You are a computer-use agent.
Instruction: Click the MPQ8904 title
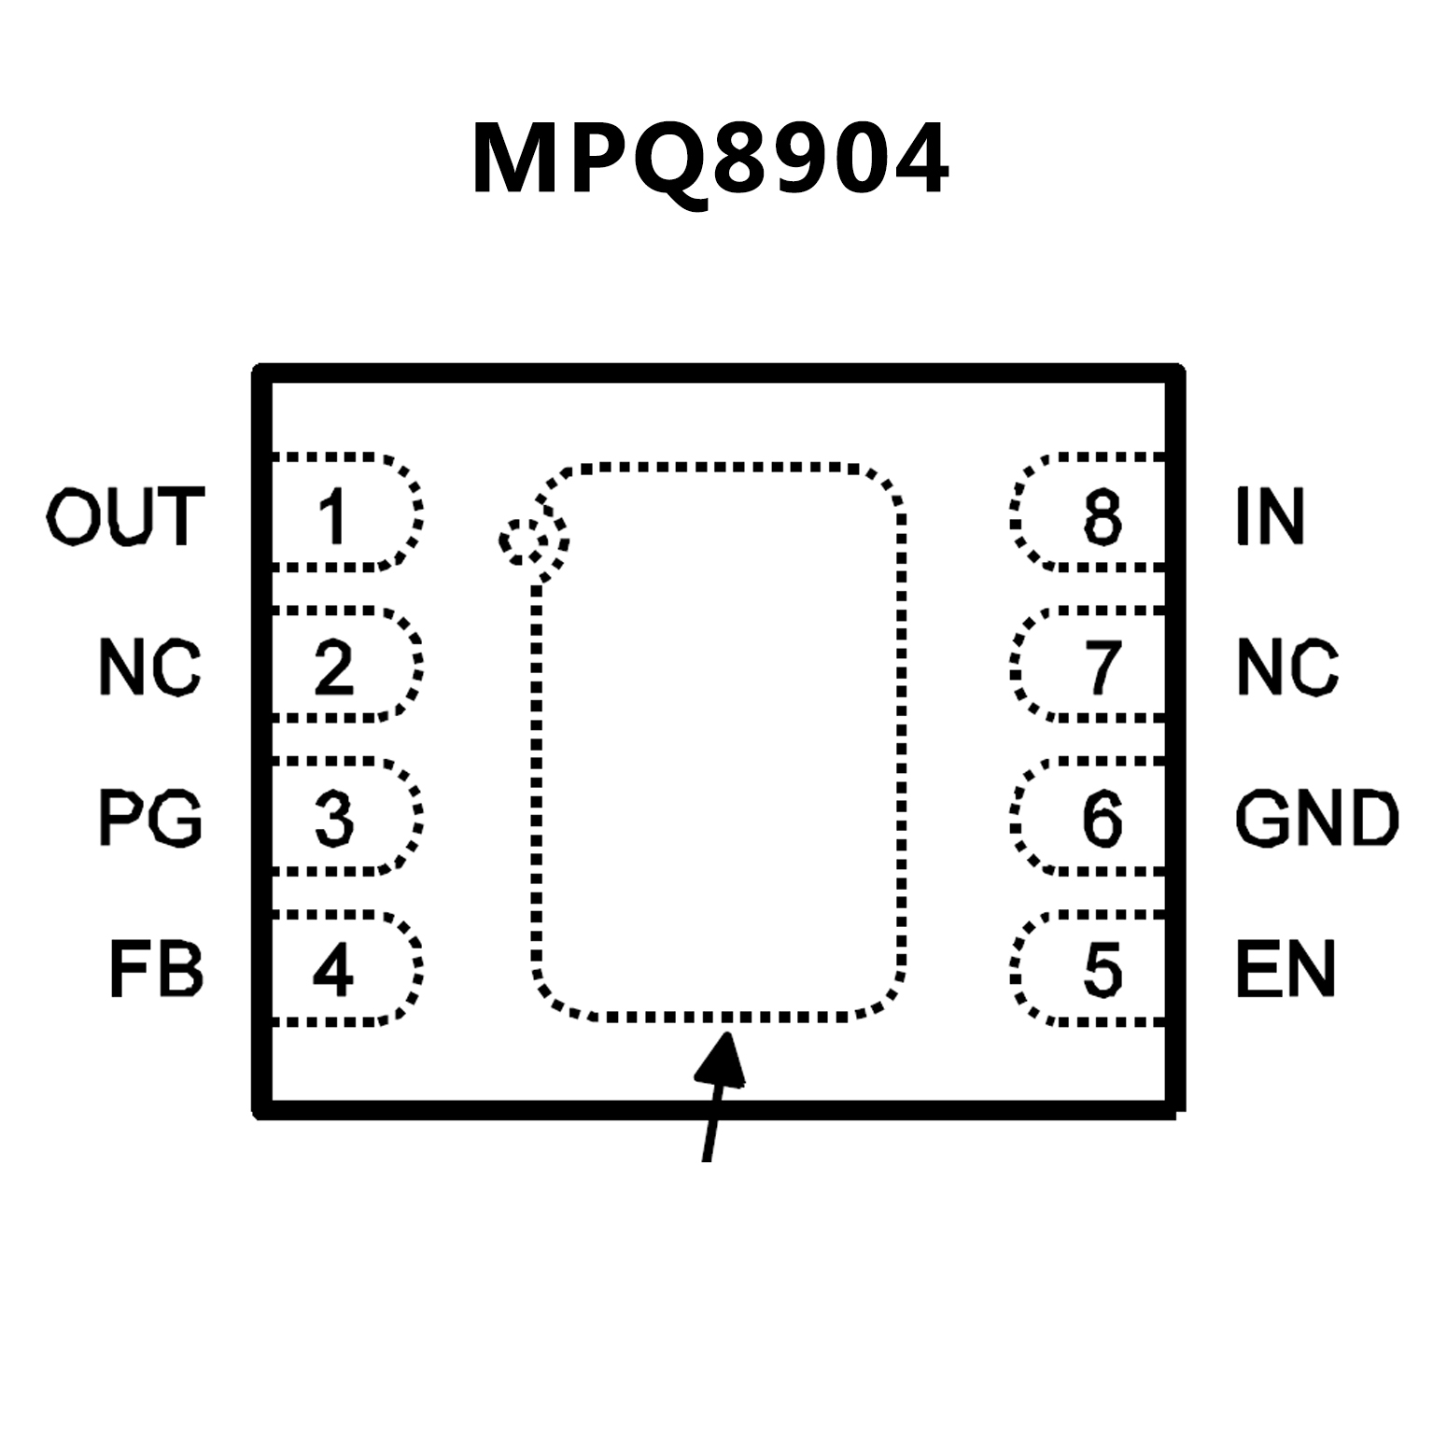pyautogui.click(x=710, y=160)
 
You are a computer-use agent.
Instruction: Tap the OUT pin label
pyautogui.click(x=125, y=515)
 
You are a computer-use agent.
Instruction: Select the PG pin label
pyautogui.click(x=150, y=818)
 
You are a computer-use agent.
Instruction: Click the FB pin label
pyautogui.click(x=156, y=970)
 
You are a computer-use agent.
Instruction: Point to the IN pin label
pyautogui.click(x=1270, y=515)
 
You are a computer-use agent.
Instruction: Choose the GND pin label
pyautogui.click(x=1316, y=818)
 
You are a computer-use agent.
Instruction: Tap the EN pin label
pyautogui.click(x=1285, y=970)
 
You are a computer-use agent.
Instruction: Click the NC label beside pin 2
pyautogui.click(x=149, y=667)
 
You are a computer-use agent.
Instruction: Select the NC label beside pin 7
pyautogui.click(x=1287, y=667)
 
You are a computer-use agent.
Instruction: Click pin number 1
pyautogui.click(x=332, y=516)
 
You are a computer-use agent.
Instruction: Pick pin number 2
pyautogui.click(x=333, y=667)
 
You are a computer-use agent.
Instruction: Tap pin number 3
pyautogui.click(x=333, y=818)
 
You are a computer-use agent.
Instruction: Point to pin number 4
pyautogui.click(x=332, y=970)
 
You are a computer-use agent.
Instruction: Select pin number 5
pyautogui.click(x=1103, y=970)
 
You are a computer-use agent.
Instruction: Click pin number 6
pyautogui.click(x=1103, y=818)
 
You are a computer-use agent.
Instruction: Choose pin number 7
pyautogui.click(x=1103, y=667)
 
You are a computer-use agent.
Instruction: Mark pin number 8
pyautogui.click(x=1103, y=516)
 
